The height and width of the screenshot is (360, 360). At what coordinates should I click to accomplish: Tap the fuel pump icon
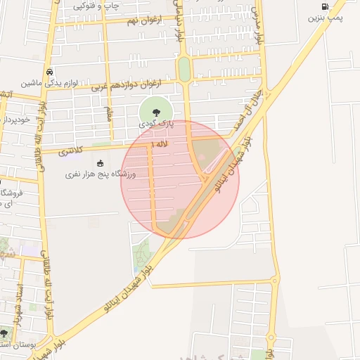click(324, 6)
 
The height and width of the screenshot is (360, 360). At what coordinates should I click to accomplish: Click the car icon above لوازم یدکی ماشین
click(49, 72)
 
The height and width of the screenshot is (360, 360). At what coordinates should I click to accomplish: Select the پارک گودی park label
click(156, 124)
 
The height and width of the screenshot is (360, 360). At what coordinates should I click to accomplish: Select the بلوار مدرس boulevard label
click(258, 25)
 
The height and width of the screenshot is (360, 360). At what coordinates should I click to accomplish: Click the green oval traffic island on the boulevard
click(184, 69)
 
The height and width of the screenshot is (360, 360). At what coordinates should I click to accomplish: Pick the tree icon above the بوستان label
click(4, 333)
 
